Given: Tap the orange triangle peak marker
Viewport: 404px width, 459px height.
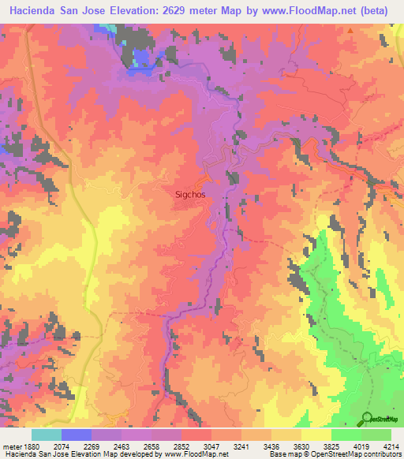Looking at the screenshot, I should (x=350, y=31).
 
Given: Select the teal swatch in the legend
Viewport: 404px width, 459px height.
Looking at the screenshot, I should (x=46, y=435).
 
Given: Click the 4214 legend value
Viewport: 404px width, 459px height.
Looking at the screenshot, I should (x=391, y=446).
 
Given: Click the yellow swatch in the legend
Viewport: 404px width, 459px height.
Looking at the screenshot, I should (x=316, y=435).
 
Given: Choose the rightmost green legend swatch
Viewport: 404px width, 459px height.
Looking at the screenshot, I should (x=376, y=435).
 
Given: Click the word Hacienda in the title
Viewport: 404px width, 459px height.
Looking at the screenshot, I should (x=31, y=10).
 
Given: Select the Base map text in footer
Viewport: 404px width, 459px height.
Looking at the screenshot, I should (x=284, y=454).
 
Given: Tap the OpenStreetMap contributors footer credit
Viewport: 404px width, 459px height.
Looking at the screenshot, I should (x=355, y=454).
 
